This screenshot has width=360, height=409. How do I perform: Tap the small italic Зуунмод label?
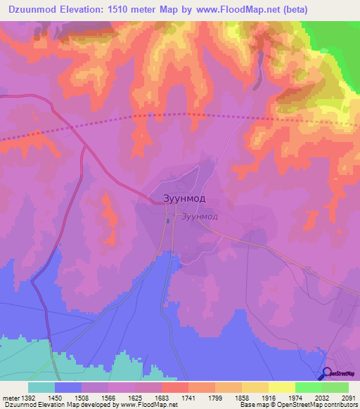coord(199,217)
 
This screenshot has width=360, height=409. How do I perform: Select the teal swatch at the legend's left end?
coord(41,387)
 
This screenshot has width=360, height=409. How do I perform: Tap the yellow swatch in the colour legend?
coord(281,387)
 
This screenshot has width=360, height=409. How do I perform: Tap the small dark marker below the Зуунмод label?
coord(168,221)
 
